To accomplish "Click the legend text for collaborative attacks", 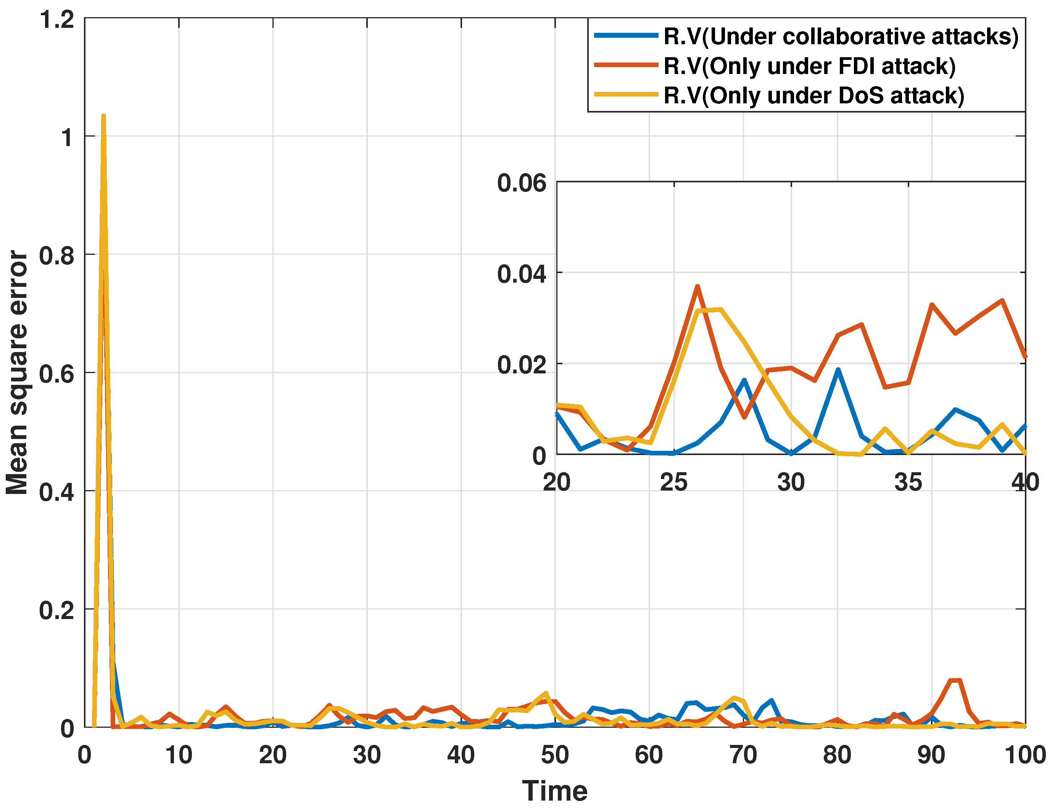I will (841, 37).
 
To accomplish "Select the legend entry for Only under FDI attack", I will (809, 66).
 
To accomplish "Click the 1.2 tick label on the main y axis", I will (57, 20).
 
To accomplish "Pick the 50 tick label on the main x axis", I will (554, 754).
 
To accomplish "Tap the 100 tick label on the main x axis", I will (1024, 754).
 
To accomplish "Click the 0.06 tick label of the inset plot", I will (522, 183).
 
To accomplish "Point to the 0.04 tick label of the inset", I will (522, 274).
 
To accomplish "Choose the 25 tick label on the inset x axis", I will (673, 482).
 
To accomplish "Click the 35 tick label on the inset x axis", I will (908, 482).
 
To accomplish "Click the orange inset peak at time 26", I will (697, 286).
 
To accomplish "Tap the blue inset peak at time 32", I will (838, 370).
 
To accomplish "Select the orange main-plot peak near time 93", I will (955, 680).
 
